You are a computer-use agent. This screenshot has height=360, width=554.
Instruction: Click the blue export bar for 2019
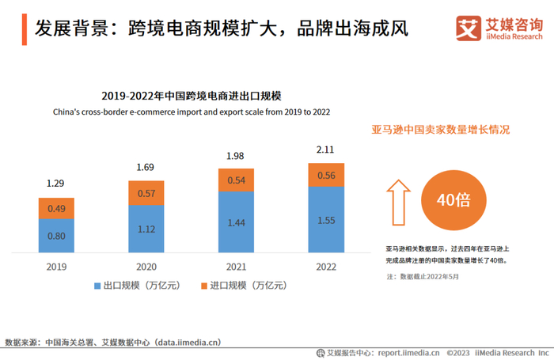pos(55,236)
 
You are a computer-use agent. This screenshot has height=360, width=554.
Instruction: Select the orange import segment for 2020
pos(146,193)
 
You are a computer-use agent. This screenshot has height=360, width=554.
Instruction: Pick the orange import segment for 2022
pos(326,176)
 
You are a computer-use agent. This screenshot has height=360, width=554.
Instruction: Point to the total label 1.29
pos(55,184)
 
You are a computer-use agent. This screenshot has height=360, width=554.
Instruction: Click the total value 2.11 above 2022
pos(326,150)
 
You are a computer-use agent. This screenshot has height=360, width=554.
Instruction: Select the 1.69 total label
pos(146,167)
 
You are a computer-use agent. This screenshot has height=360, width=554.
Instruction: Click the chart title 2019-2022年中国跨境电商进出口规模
pos(192,97)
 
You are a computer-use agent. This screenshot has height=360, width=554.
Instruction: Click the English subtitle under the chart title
pos(192,112)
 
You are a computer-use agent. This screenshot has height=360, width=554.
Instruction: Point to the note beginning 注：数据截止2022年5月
pos(423,276)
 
